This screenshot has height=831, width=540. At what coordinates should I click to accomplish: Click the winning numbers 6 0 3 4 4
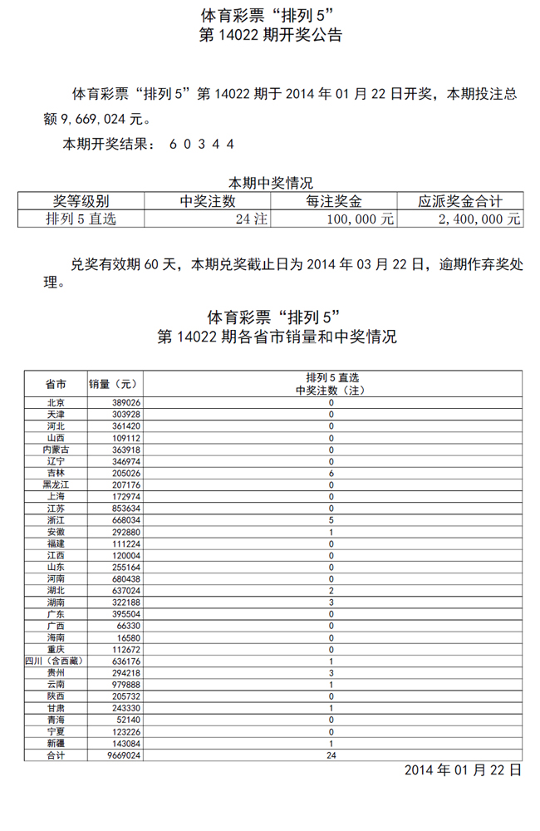(202, 143)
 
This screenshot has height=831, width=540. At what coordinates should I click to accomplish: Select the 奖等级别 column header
(81, 201)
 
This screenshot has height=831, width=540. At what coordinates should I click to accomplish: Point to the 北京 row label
(56, 402)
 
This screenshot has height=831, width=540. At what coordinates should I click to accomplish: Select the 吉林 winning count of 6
(331, 473)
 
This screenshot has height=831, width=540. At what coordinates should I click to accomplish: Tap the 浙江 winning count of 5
(331, 519)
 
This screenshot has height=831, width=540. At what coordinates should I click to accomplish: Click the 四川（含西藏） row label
(56, 661)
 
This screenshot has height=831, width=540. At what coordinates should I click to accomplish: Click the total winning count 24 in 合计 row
(331, 755)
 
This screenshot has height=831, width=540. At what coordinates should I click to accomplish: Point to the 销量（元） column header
(114, 384)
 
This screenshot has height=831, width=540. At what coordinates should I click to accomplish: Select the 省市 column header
(56, 384)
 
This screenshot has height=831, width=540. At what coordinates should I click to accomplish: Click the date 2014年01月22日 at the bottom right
(463, 770)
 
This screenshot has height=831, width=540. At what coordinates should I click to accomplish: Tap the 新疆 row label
(56, 743)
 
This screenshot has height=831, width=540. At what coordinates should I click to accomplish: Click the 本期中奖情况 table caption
(271, 183)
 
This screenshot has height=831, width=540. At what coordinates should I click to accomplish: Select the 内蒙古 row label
(56, 449)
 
